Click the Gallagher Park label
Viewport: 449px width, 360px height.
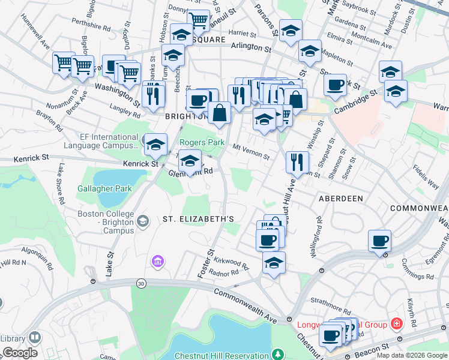(x=104, y=188)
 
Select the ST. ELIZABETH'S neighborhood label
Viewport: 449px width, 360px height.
(x=198, y=220)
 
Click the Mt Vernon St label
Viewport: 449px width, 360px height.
(x=250, y=151)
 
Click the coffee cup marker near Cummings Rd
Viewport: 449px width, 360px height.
(x=379, y=241)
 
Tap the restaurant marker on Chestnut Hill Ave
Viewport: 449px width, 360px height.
(x=297, y=161)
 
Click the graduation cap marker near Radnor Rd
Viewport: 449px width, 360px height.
(x=274, y=263)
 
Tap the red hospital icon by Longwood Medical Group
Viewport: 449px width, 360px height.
(x=396, y=325)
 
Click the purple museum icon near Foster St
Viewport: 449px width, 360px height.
(x=158, y=261)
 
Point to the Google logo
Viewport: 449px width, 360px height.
(x=19, y=353)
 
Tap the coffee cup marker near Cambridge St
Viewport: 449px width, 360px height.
(x=335, y=84)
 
